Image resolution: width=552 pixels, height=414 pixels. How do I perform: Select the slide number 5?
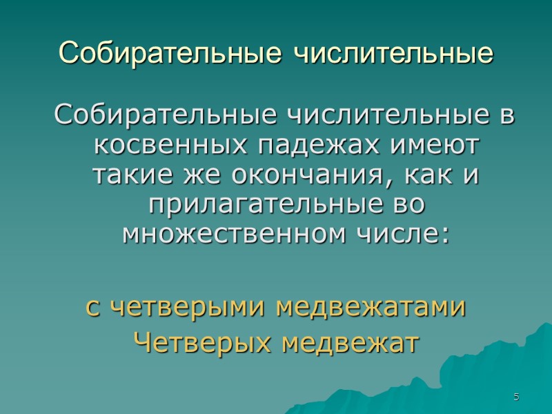pos(515,397)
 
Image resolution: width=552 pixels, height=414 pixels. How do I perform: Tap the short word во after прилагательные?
pos(410,206)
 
